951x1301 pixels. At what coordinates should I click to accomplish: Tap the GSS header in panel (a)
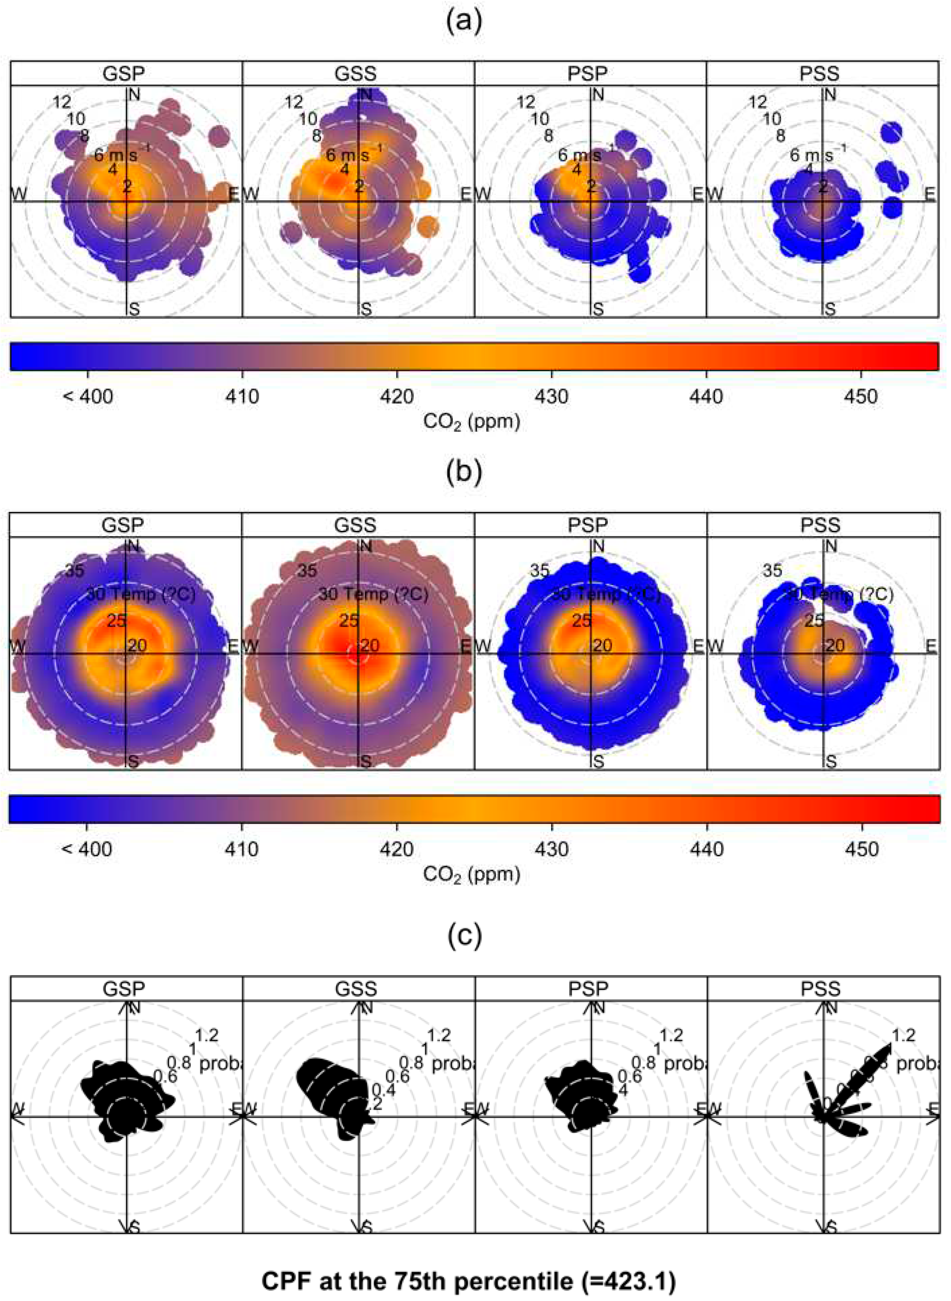356,74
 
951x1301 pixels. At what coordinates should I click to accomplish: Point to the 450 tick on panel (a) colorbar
861,396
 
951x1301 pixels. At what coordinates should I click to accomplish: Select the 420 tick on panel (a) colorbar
397,396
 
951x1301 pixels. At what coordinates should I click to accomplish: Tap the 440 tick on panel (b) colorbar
706,849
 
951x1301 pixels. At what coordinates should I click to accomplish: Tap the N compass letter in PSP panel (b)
599,546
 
